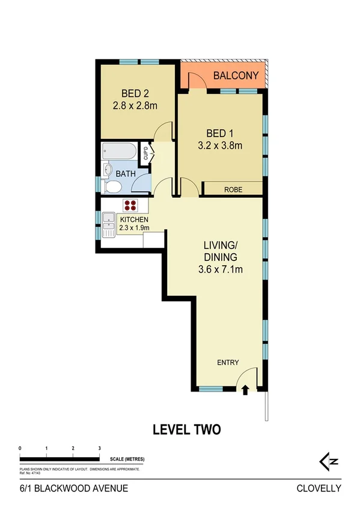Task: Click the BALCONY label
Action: click(x=236, y=76)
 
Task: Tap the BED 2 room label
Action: click(x=135, y=93)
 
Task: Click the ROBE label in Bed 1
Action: click(x=233, y=189)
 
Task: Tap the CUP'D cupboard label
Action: click(x=145, y=153)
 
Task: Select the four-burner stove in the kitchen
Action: click(x=130, y=204)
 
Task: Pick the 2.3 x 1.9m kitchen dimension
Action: click(x=133, y=227)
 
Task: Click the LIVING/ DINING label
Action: click(x=220, y=251)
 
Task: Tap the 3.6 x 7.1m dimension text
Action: click(x=220, y=269)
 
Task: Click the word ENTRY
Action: click(x=228, y=363)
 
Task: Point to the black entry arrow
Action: click(x=245, y=390)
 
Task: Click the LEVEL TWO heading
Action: click(x=186, y=429)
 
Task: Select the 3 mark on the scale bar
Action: click(x=99, y=449)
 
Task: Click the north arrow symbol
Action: click(x=329, y=461)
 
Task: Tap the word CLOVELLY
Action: click(x=319, y=488)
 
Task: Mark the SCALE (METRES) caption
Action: click(x=127, y=459)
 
